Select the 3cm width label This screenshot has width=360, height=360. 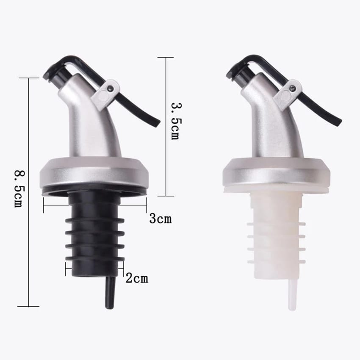tap(160, 219)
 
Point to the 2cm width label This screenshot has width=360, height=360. tap(137, 278)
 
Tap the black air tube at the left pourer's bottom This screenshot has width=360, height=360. tap(110, 295)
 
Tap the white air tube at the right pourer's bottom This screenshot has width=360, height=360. tap(291, 295)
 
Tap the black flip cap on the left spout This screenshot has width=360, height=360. tap(53, 72)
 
